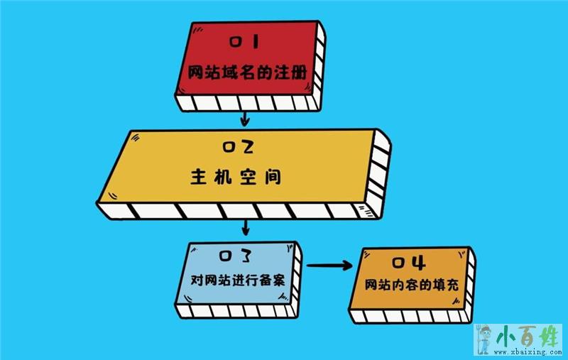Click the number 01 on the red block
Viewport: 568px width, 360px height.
point(245,42)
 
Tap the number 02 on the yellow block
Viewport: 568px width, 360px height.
point(238,147)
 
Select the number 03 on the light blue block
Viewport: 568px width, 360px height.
point(235,256)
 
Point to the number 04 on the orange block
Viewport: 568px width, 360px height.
point(409,263)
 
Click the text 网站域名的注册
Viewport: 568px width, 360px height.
point(247,72)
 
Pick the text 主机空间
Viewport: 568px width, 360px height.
point(236,178)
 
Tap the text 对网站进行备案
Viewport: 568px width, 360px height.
point(238,280)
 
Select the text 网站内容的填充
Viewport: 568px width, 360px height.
point(412,285)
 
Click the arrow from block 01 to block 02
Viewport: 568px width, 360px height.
point(245,119)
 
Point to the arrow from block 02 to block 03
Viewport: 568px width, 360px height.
point(246,227)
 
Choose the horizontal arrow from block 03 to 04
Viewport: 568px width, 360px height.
point(329,266)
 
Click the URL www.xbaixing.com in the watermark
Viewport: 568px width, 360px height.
point(528,351)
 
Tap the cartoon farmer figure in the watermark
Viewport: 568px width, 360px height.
point(484,339)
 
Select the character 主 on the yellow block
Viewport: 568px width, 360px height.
point(199,178)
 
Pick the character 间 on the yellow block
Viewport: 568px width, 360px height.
point(273,178)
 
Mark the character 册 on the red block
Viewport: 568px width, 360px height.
point(298,72)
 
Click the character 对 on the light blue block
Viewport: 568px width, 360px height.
point(197,280)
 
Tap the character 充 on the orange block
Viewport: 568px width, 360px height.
point(452,285)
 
